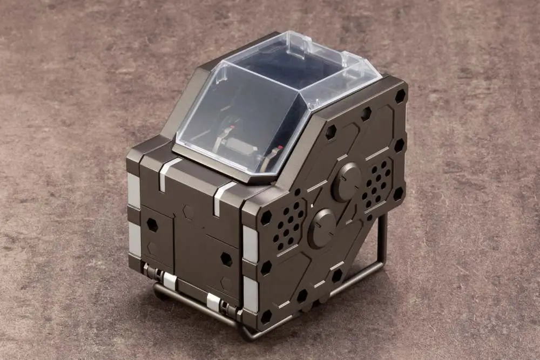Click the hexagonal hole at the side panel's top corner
point(400,96)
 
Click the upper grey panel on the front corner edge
point(249,243)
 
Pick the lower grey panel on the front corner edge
point(250,294)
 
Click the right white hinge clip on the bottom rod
point(214,302)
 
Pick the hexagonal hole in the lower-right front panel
point(226,259)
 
